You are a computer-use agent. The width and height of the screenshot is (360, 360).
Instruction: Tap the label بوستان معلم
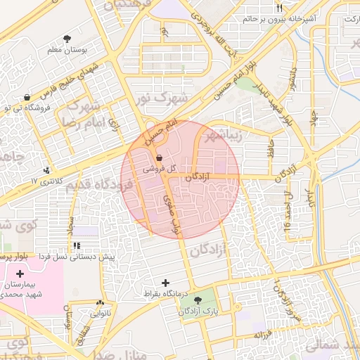point(66,50)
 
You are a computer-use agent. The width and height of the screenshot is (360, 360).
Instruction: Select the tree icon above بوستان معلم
point(66,39)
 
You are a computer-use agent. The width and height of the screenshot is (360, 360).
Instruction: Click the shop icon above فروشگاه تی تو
point(27,98)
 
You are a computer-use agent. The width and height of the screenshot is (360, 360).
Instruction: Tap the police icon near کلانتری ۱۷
point(46,170)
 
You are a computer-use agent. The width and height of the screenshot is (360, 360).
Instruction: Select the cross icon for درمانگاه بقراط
point(165,283)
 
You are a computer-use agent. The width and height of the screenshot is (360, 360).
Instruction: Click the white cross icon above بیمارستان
point(19,274)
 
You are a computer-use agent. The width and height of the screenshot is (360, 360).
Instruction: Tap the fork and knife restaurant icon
point(279,8)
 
